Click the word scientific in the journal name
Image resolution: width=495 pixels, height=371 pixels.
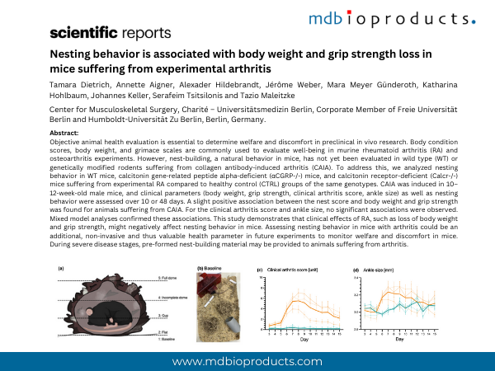click(x=82, y=34)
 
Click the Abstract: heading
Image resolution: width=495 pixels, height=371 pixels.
click(x=65, y=133)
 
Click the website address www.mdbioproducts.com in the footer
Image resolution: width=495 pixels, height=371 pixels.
click(x=247, y=361)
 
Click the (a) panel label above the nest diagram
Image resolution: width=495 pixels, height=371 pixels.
click(x=60, y=269)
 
